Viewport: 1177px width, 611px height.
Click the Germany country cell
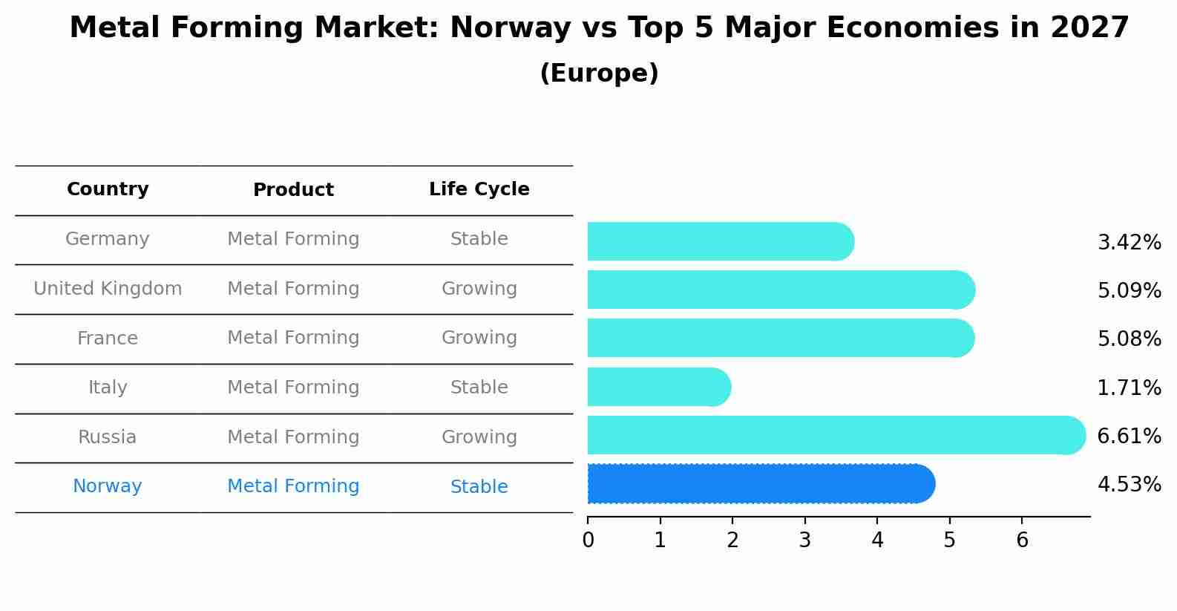click(x=108, y=239)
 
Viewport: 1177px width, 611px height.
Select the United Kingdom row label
click(x=108, y=289)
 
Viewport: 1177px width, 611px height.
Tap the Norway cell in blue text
click(x=108, y=486)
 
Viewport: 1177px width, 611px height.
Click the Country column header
click(x=108, y=189)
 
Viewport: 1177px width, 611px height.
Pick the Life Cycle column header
click(x=479, y=189)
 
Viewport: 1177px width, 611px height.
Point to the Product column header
click(x=293, y=190)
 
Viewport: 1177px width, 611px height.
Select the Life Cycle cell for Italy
click(x=479, y=388)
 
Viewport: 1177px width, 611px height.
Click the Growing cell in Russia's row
click(x=479, y=437)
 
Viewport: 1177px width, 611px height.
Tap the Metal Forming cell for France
click(x=293, y=338)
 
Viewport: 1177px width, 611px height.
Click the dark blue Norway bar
click(x=757, y=484)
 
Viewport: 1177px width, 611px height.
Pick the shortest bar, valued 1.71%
click(x=657, y=387)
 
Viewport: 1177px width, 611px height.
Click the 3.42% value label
click(x=1129, y=243)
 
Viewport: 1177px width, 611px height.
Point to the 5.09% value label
click(x=1129, y=291)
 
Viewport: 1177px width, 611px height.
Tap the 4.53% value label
click(x=1129, y=485)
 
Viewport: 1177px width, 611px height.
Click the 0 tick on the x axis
click(x=588, y=540)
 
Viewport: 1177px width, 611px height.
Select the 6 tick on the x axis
click(x=1022, y=540)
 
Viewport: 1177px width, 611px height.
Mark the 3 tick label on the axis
click(x=805, y=540)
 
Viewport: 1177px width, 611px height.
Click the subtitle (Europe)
click(x=599, y=73)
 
